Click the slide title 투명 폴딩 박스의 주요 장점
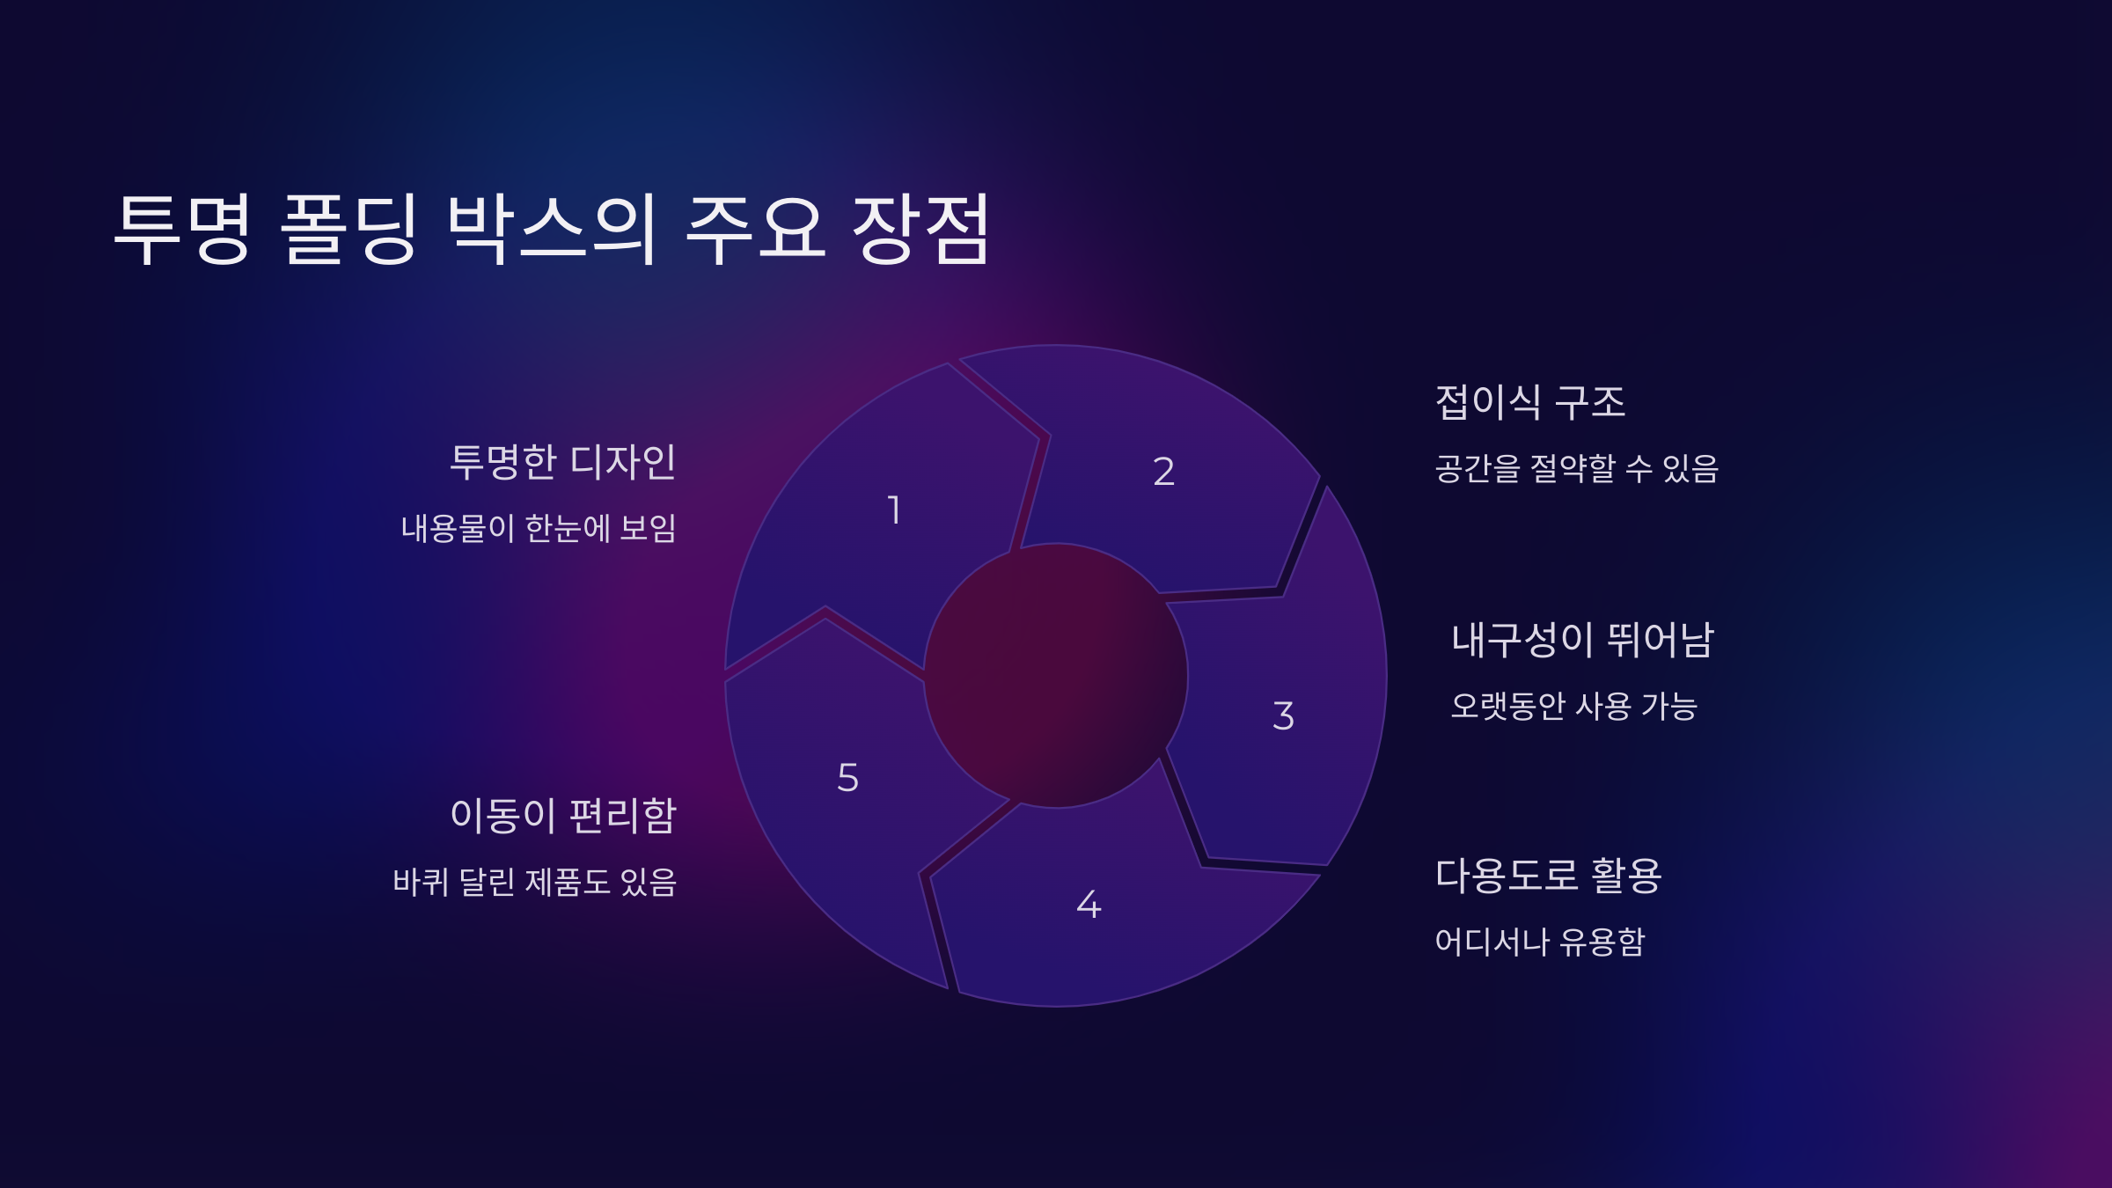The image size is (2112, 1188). pos(553,229)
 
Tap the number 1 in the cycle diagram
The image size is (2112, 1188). pos(894,510)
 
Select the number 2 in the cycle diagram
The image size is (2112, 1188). pos(1163,472)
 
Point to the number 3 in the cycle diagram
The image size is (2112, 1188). pos(1283,715)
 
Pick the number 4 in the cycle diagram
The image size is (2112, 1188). pos(1089,905)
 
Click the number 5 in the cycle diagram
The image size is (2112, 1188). pos(847,778)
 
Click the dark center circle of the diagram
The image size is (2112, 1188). pos(1056,676)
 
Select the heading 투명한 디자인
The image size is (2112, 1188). pos(562,462)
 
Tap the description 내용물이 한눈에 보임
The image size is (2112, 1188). pos(539,529)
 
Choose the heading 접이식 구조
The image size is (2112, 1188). pos(1530,402)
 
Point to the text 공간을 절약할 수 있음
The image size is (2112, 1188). pos(1576,468)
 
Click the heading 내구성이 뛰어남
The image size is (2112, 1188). pos(1582,640)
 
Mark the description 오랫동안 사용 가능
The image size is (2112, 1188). pos(1573,706)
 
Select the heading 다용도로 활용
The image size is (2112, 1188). pos(1548,876)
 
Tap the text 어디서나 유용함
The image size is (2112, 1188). pos(1539,942)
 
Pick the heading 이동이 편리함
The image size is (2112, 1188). pos(563,816)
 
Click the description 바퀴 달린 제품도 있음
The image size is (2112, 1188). pos(534,882)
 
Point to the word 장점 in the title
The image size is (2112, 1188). pos(920,229)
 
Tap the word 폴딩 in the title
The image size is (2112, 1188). pos(348,229)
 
